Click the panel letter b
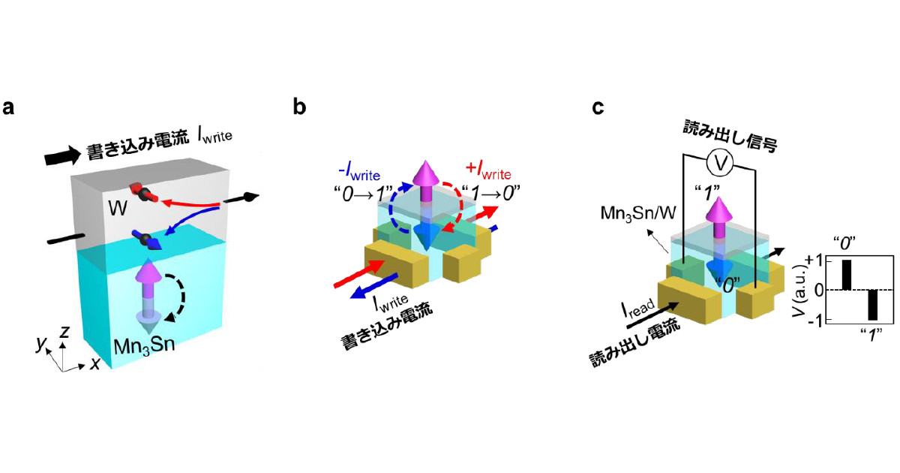(x=299, y=107)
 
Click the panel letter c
(x=598, y=107)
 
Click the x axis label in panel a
(x=95, y=363)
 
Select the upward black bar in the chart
(x=846, y=275)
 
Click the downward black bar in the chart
(x=872, y=305)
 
